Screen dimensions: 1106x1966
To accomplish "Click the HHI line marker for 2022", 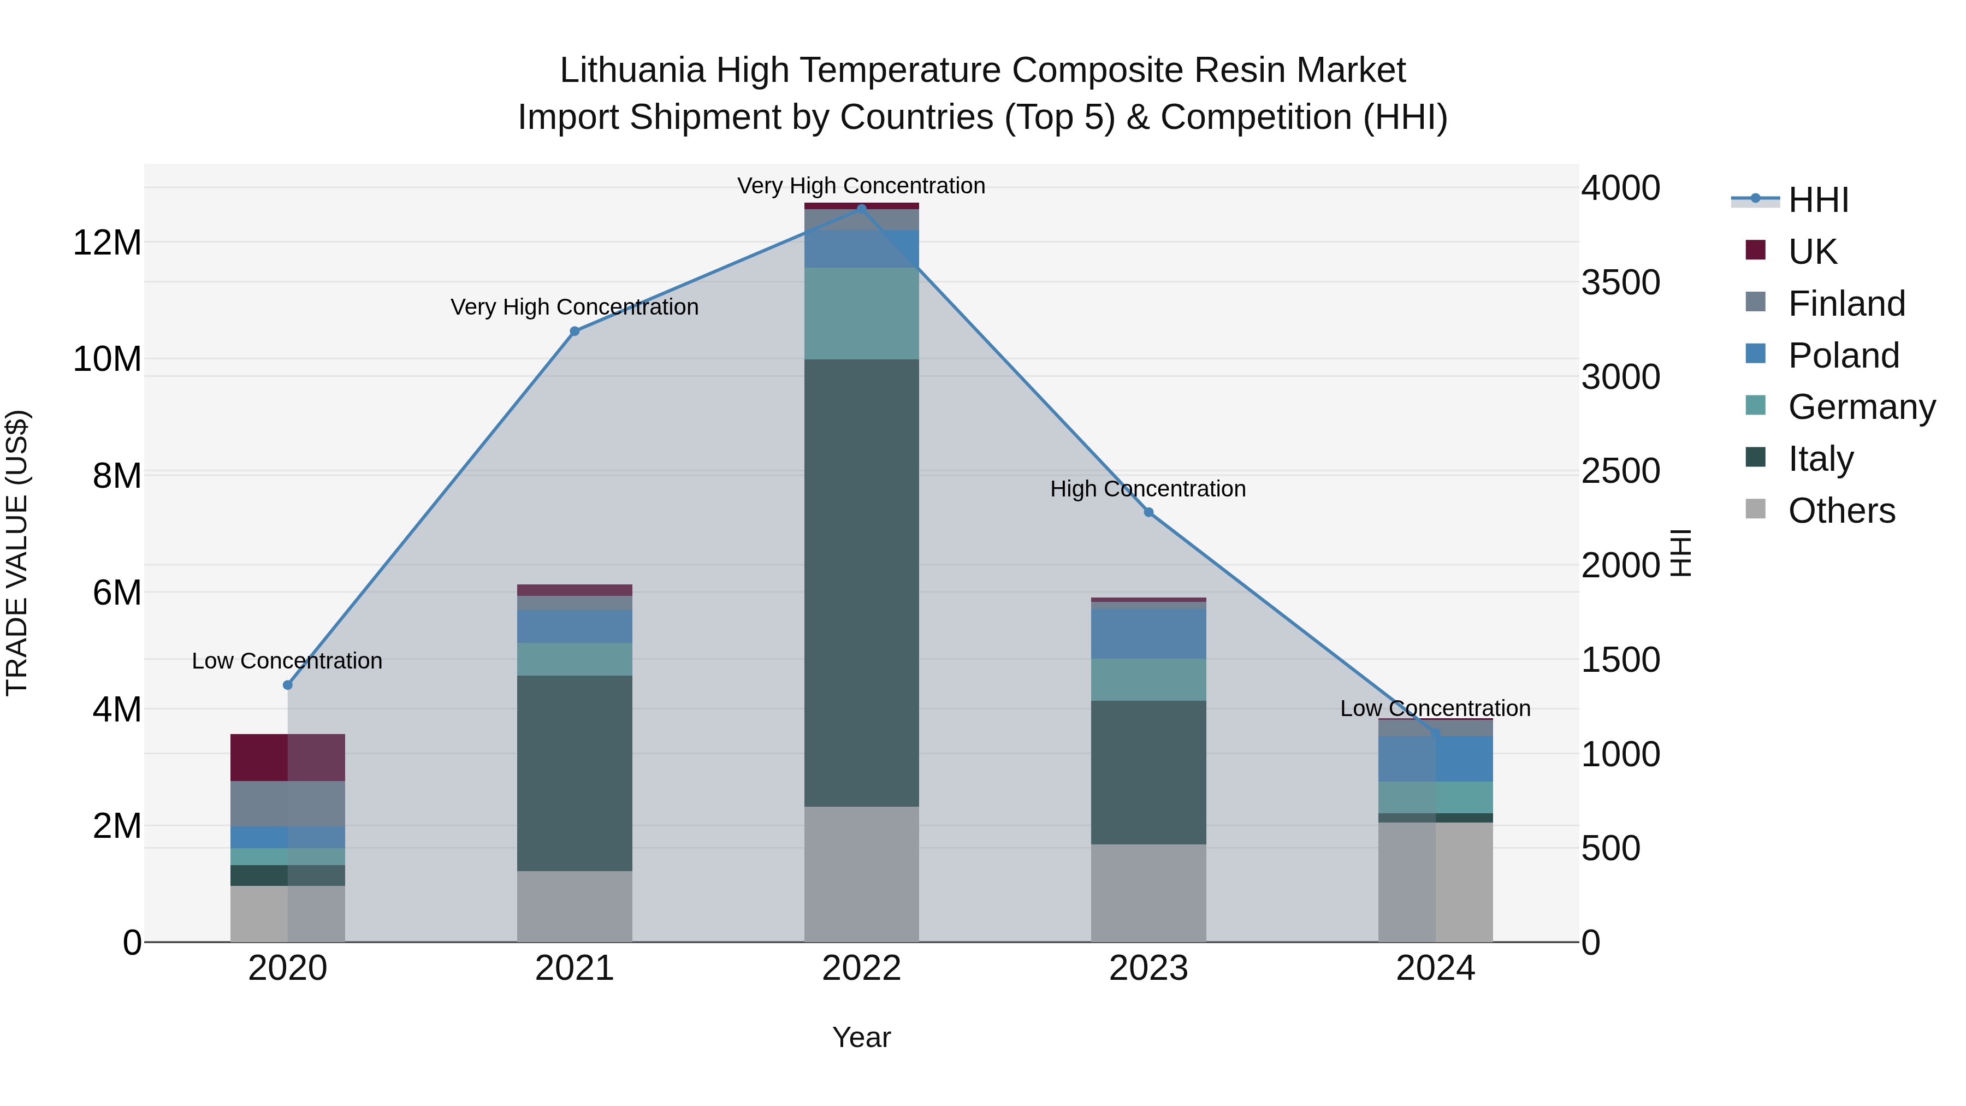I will click(862, 209).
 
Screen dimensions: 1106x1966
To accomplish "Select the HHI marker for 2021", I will click(575, 332).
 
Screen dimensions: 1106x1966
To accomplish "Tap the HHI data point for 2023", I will click(1148, 512).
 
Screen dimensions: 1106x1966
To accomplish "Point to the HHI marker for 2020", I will click(288, 685).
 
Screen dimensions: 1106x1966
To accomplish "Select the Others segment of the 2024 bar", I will click(1436, 882).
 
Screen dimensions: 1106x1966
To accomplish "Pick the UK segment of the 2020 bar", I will click(288, 757).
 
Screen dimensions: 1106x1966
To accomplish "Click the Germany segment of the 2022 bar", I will click(862, 313).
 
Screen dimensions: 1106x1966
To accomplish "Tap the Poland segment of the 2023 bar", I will click(1148, 634).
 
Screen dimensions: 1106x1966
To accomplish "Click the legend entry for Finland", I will click(1846, 304).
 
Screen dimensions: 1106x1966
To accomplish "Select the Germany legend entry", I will click(1862, 407).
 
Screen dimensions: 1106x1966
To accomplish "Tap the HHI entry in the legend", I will click(1818, 200).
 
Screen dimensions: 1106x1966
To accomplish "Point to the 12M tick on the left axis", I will click(107, 243).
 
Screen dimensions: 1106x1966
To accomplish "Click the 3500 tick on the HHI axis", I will click(1620, 282).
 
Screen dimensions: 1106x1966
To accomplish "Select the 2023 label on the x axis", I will click(1148, 968).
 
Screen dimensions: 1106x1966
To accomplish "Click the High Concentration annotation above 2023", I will click(1148, 488).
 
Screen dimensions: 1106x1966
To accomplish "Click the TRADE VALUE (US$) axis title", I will click(17, 553).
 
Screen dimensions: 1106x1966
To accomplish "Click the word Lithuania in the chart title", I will click(632, 70).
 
